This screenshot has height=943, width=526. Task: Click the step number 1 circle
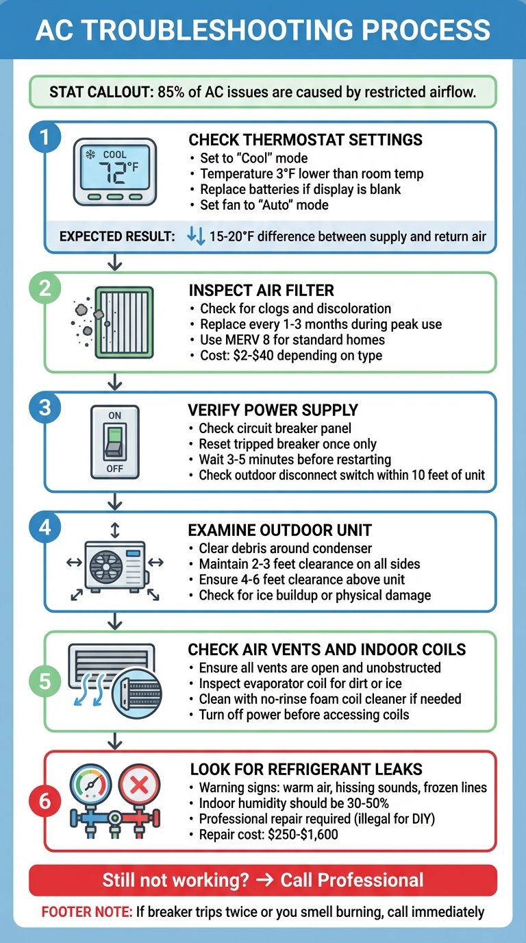click(45, 137)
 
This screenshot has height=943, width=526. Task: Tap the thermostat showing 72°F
click(115, 171)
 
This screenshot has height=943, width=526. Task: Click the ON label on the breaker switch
click(114, 415)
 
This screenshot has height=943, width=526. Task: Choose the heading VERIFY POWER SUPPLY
click(273, 411)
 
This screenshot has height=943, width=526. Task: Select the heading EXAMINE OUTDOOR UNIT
click(279, 530)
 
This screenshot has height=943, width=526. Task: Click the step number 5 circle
click(45, 681)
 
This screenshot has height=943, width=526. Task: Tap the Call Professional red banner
click(263, 880)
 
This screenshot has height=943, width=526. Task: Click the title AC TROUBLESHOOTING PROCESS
click(263, 30)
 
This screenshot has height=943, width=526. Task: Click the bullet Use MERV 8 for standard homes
click(292, 339)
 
